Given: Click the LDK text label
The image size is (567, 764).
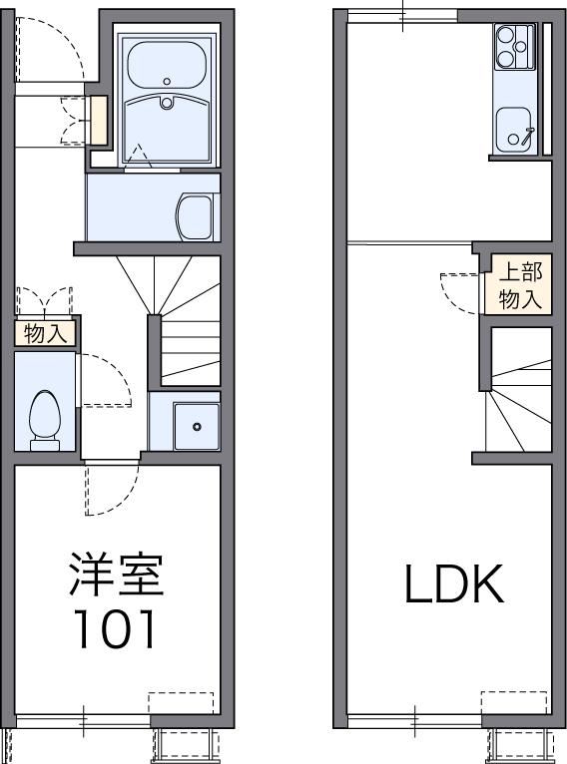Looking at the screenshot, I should (454, 586).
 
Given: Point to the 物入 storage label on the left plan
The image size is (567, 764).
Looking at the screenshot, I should (45, 334).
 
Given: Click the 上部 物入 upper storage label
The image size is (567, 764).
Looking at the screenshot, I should (520, 285).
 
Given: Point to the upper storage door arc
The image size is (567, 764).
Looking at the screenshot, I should (461, 292).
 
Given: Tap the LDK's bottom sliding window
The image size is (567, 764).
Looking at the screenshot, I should (414, 719).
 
